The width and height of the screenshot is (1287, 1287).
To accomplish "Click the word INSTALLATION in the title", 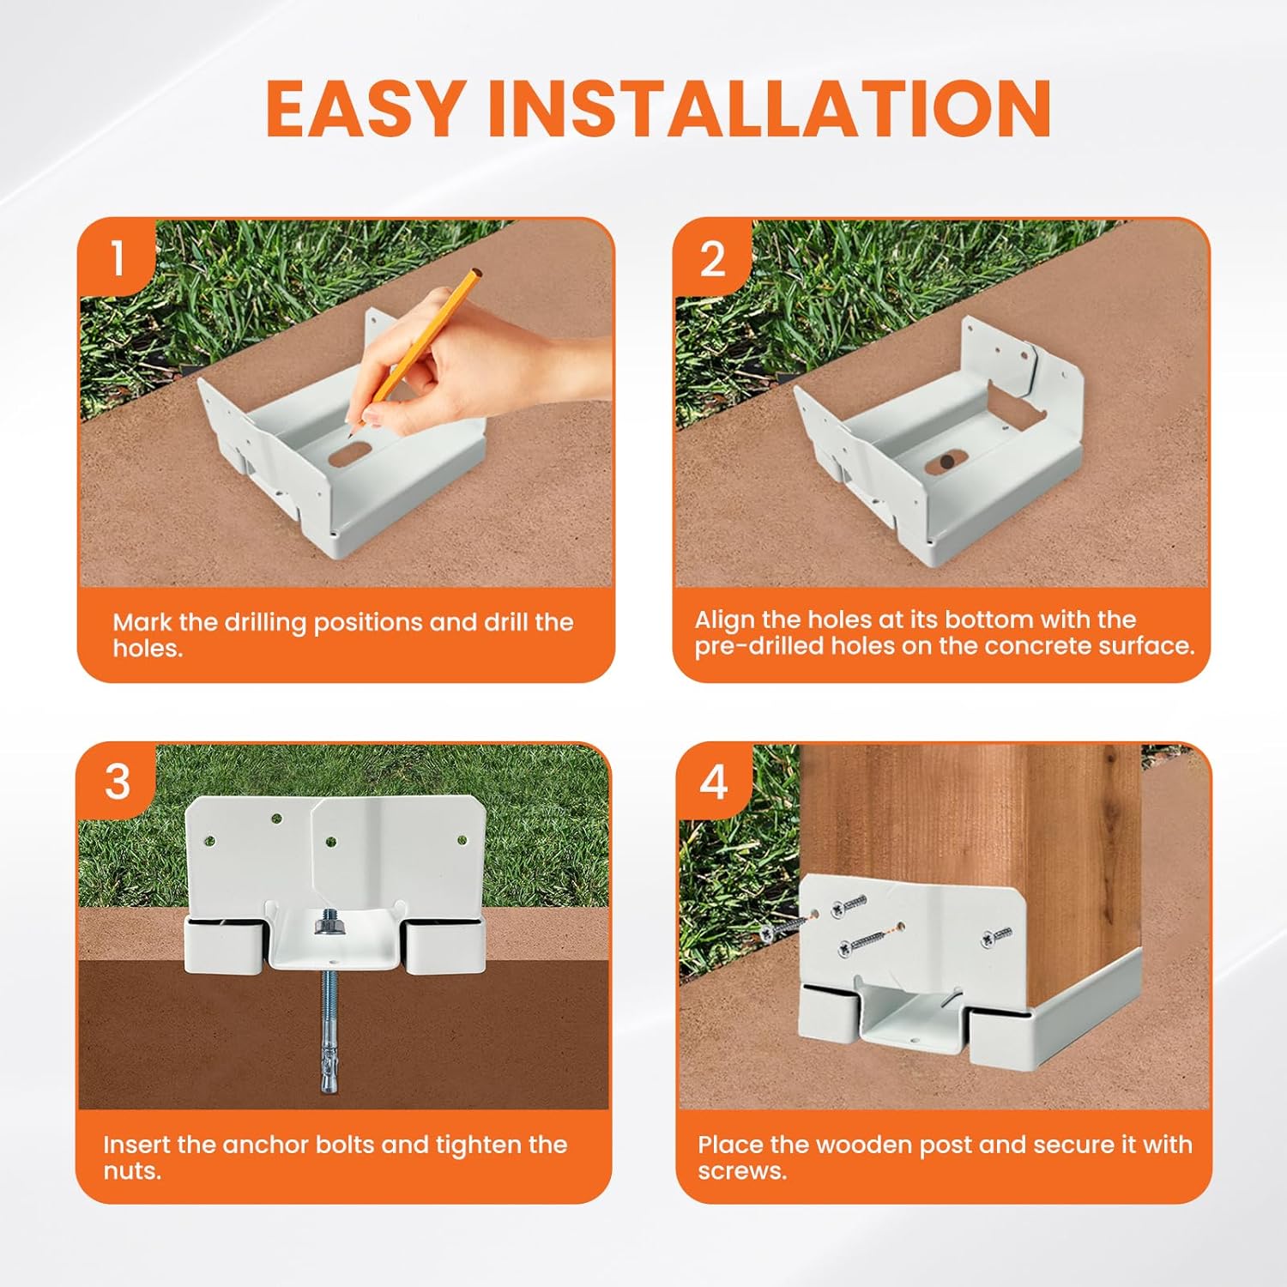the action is click(770, 108).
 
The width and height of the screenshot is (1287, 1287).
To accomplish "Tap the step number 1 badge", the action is click(118, 258).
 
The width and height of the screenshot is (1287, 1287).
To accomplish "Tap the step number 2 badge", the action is click(713, 258).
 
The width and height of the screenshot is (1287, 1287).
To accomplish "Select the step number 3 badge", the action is click(118, 782).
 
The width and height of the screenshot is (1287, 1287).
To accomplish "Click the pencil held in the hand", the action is click(419, 347).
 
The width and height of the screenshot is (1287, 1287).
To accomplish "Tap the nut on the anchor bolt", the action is click(329, 925).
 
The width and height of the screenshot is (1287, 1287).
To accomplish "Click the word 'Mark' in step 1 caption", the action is click(142, 622).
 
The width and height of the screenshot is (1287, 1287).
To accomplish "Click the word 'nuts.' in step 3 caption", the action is click(132, 1171).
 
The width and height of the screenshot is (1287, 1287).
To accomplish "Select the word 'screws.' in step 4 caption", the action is click(742, 1171).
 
